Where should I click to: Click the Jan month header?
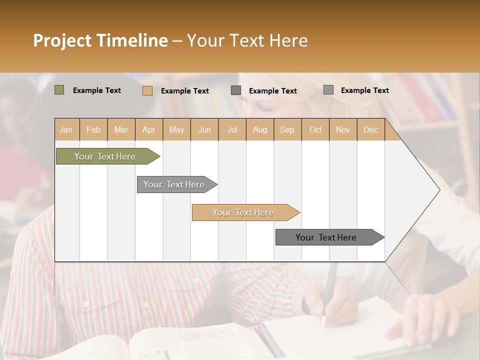[x=66, y=130]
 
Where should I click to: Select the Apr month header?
[x=148, y=130]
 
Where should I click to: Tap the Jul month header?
[x=232, y=130]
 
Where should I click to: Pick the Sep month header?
[x=287, y=130]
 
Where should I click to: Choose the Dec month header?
[x=370, y=130]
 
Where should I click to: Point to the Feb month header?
[x=93, y=130]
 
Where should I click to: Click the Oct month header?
[x=315, y=130]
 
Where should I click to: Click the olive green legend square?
[x=59, y=90]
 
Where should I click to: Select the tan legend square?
[x=147, y=90]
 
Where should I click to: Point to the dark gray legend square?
[x=236, y=90]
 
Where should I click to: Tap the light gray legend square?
[x=328, y=90]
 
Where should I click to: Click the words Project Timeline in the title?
[x=100, y=40]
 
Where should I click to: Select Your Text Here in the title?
[x=247, y=40]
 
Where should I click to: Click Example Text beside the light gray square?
[x=364, y=90]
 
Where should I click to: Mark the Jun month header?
[x=204, y=130]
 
